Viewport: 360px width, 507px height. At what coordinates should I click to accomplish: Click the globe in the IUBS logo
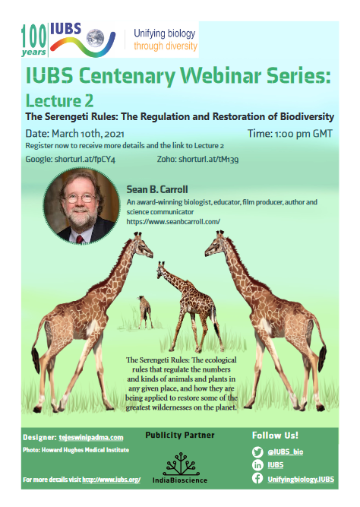pos(96,38)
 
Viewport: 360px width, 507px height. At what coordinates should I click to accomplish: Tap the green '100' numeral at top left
pos(34,36)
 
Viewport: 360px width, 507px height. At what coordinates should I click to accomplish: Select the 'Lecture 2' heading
pos(59,100)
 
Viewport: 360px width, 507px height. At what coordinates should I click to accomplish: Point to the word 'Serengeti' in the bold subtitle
pos(81,116)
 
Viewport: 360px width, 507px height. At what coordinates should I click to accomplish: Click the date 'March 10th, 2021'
pos(88,134)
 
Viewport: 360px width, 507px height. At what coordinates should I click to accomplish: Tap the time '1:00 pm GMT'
pos(304,134)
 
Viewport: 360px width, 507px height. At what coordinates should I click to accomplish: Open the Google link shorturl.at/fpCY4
pos(85,159)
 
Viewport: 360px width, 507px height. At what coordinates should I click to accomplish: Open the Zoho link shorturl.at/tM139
pos(209,159)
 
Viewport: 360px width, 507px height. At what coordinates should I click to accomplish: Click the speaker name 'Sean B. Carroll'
pos(157,189)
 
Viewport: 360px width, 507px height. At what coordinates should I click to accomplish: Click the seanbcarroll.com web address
pos(173,222)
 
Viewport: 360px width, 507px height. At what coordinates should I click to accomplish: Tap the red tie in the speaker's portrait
pos(80,239)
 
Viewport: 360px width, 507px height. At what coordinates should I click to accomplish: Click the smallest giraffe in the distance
pos(145,312)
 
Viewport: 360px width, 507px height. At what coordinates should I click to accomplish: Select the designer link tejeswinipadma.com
pos(91,438)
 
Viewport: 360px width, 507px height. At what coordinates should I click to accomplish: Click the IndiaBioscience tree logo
pos(180,464)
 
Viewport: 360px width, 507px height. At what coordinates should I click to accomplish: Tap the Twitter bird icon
pos(257,452)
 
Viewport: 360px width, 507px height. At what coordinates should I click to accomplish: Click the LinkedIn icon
pos(257,465)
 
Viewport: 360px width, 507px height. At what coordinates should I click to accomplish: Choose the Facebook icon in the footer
pos(257,478)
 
